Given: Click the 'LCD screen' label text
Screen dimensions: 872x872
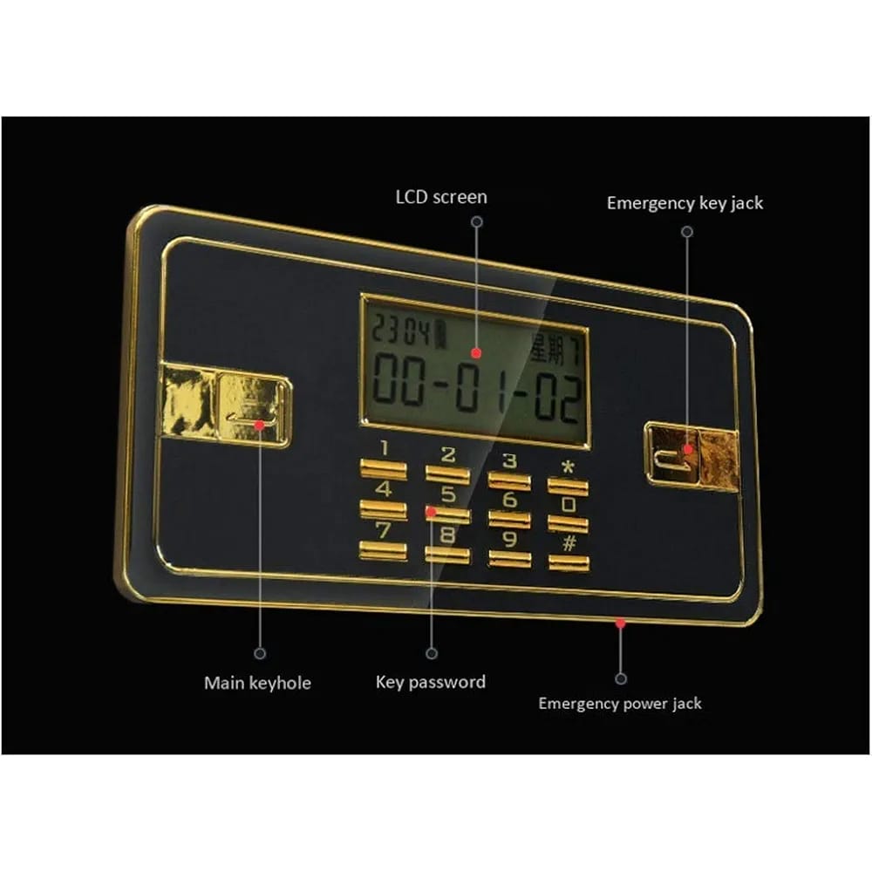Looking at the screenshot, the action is [x=441, y=197].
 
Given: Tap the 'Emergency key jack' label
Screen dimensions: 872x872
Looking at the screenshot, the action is [x=685, y=203].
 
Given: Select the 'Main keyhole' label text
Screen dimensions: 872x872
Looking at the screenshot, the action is [x=257, y=683].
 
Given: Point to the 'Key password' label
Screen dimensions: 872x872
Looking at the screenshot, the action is [x=431, y=683].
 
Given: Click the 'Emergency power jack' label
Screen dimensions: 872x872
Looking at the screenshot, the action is [x=619, y=704].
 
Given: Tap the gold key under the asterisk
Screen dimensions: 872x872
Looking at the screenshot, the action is [x=568, y=486].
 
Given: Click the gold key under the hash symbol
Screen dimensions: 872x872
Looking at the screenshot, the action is [x=569, y=562].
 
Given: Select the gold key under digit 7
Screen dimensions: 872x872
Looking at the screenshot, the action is [x=383, y=550].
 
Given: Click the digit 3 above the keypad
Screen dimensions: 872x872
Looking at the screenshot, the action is [x=509, y=461].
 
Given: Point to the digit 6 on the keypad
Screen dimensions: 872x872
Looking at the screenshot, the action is [x=509, y=499].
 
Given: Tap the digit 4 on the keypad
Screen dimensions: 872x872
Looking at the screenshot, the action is [x=384, y=489].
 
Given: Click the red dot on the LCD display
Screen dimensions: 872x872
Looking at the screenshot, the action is [x=476, y=352].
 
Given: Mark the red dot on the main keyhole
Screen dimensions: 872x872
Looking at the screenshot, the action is [x=259, y=426].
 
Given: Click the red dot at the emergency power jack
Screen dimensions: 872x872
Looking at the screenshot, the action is [x=621, y=623].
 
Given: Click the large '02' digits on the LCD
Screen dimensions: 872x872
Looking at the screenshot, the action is [x=557, y=398].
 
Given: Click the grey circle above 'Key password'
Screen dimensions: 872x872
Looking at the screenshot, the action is [x=432, y=653].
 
